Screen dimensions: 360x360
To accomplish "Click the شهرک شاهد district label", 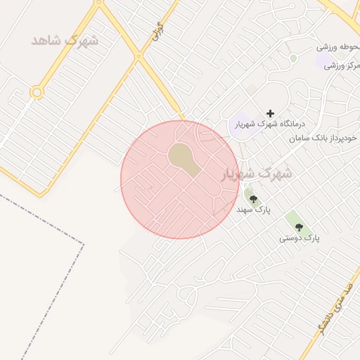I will click(x=64, y=40).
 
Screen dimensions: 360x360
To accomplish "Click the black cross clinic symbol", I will click(x=270, y=113).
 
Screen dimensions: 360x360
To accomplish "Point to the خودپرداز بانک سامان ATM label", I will click(x=323, y=139).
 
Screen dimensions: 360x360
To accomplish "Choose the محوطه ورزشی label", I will click(x=337, y=47).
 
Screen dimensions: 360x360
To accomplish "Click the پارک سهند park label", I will click(x=254, y=210).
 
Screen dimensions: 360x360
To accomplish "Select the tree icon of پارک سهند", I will click(x=254, y=199).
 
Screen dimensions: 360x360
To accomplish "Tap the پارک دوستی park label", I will click(x=300, y=238).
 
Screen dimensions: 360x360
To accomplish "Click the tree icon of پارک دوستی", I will click(x=300, y=227).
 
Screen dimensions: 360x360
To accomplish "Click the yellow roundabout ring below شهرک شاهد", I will click(x=36, y=91).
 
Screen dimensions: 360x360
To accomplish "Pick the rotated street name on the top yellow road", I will click(x=158, y=30).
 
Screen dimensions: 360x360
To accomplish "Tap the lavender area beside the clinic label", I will click(x=241, y=124).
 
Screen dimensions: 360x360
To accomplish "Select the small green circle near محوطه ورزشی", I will click(x=293, y=58).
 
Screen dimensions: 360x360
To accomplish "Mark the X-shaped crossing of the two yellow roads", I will click(x=139, y=56).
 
